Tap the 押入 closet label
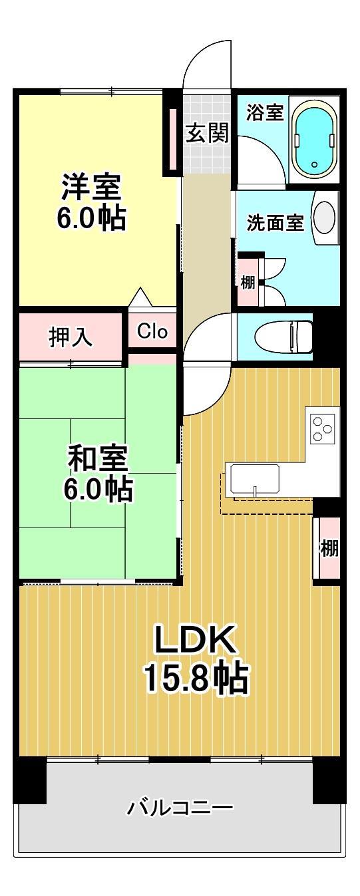pyautogui.click(x=71, y=337)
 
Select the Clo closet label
pyautogui.click(x=152, y=331)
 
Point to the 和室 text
pyautogui.click(x=98, y=458)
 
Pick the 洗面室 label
pyautogui.click(x=275, y=223)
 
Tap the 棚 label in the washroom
pyautogui.click(x=248, y=281)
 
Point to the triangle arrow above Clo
pyautogui.click(x=139, y=297)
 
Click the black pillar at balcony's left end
pyautogui.click(x=30, y=780)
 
